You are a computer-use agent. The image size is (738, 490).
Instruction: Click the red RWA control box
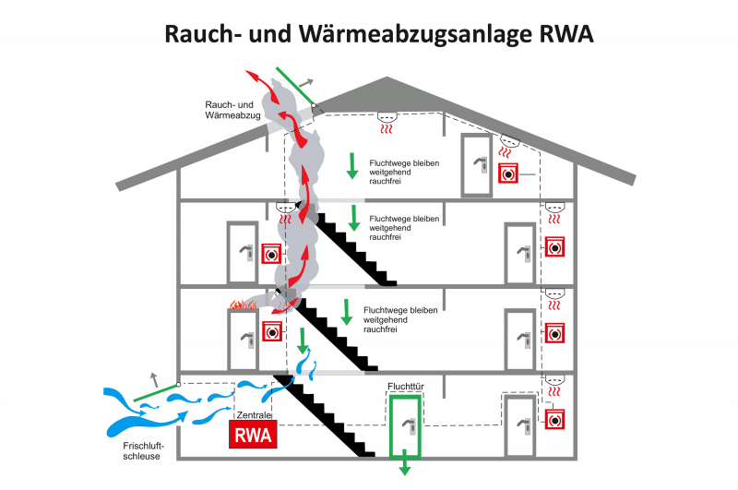coord(253,434)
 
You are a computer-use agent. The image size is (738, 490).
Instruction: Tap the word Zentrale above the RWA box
coord(254,414)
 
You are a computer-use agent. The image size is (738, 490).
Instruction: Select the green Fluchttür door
coord(405,426)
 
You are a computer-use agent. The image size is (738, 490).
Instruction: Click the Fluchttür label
coord(406,387)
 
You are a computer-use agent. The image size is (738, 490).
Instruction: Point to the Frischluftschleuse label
coord(143,451)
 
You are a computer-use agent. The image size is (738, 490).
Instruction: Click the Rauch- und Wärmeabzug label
coord(232,110)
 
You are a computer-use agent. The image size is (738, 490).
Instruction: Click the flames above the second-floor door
coord(243,305)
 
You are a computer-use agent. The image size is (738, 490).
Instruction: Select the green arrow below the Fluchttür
coord(404,462)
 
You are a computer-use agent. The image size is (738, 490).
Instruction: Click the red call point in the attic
coord(508,173)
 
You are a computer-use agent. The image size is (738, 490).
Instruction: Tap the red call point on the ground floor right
coord(554,419)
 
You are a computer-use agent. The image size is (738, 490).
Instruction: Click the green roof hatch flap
coord(295,86)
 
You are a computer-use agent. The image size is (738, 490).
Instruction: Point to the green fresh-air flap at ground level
coord(156,392)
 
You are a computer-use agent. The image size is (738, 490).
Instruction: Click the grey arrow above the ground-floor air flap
coord(153,379)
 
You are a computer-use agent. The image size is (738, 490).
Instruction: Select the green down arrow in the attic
coord(352,166)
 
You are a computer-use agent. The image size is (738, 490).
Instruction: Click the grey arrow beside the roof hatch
coord(305,83)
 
